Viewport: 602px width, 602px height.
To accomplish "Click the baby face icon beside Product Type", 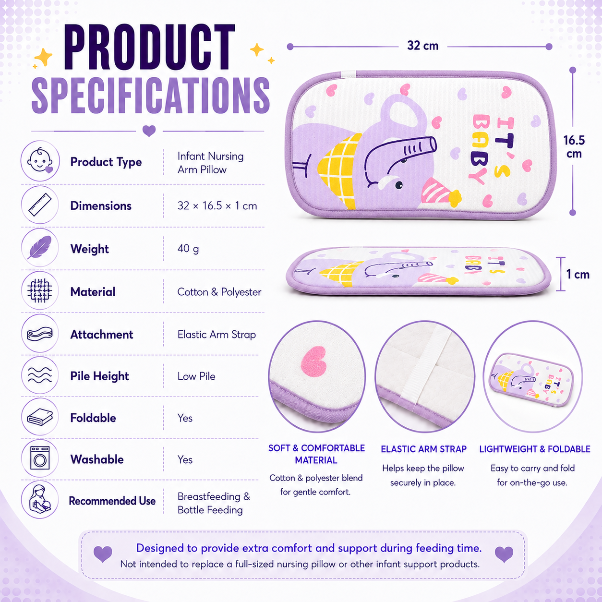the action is (40, 161).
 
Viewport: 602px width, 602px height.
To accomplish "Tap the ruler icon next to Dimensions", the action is (40, 205).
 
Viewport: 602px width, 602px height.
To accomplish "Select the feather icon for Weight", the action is (40, 247).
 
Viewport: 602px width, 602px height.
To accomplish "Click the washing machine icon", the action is (40, 458).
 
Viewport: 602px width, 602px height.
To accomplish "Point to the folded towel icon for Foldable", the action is (40, 417).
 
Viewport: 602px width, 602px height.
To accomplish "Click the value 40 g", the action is (188, 249).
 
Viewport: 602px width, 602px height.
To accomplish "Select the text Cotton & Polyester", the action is (219, 292).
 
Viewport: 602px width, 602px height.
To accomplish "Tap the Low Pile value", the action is (196, 376).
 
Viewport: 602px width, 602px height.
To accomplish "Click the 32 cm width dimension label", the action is (422, 46).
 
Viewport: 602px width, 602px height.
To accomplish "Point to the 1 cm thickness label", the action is (578, 274).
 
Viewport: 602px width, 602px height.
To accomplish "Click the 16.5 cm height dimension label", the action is (574, 147).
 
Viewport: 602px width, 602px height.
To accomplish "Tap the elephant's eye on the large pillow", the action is (399, 185).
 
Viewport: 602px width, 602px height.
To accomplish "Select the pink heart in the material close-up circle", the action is (313, 361).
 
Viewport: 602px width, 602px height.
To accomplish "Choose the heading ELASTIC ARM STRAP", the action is (423, 449).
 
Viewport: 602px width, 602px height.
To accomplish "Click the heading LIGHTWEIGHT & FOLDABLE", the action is (535, 449).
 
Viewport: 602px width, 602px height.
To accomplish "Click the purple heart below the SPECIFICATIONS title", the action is (149, 131).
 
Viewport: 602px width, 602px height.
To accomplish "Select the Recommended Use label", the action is (112, 501).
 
